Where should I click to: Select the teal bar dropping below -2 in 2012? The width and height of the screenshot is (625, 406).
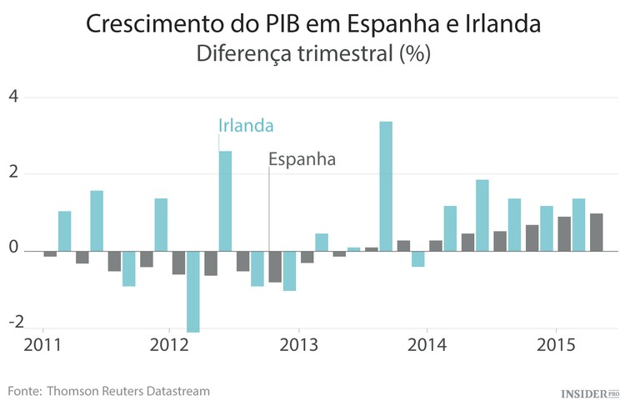(192, 291)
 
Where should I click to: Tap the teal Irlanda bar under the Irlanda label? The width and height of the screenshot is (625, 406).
(225, 200)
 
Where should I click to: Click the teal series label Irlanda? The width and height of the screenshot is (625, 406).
(246, 125)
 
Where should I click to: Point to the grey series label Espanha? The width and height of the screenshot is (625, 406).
(302, 158)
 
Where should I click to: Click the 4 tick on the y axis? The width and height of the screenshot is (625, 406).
(12, 98)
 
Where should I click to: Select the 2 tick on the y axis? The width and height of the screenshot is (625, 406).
(12, 174)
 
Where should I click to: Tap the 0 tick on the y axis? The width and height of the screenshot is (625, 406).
(12, 251)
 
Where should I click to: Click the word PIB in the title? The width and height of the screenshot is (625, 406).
(275, 24)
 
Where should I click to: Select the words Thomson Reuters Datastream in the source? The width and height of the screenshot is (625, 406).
(128, 390)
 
